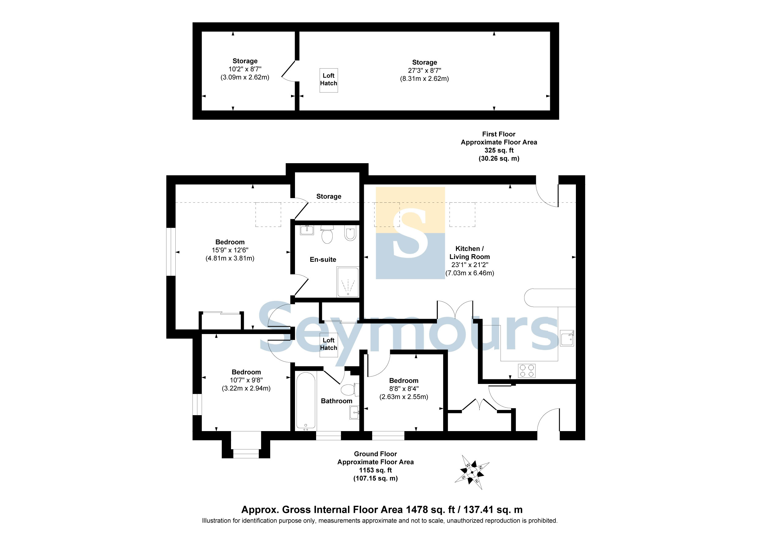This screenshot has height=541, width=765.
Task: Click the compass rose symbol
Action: coord(472,472)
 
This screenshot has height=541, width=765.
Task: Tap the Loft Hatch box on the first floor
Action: coord(329,80)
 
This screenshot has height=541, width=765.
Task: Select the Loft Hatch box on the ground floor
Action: coord(329,345)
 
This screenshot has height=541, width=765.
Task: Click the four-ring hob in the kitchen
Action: coord(527,371)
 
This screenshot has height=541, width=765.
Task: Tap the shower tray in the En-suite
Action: coord(348,282)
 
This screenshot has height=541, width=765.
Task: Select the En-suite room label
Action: coord(323,259)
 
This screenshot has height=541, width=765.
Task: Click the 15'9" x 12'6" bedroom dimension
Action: coord(230,250)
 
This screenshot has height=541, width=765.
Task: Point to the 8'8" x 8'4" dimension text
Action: coord(404,389)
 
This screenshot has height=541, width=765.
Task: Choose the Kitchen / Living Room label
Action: coord(469,253)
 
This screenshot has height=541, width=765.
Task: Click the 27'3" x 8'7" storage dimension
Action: coord(424,70)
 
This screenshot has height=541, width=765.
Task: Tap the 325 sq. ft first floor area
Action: coord(499,150)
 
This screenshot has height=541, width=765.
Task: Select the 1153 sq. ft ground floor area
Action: coord(375,470)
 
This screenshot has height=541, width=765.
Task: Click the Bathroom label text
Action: coord(337,401)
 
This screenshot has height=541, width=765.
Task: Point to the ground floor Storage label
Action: coord(329,196)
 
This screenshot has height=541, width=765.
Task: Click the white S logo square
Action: coord(410,233)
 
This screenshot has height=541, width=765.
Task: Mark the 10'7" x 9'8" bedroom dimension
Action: coord(246,380)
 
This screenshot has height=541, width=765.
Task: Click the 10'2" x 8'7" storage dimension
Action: coord(245,69)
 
